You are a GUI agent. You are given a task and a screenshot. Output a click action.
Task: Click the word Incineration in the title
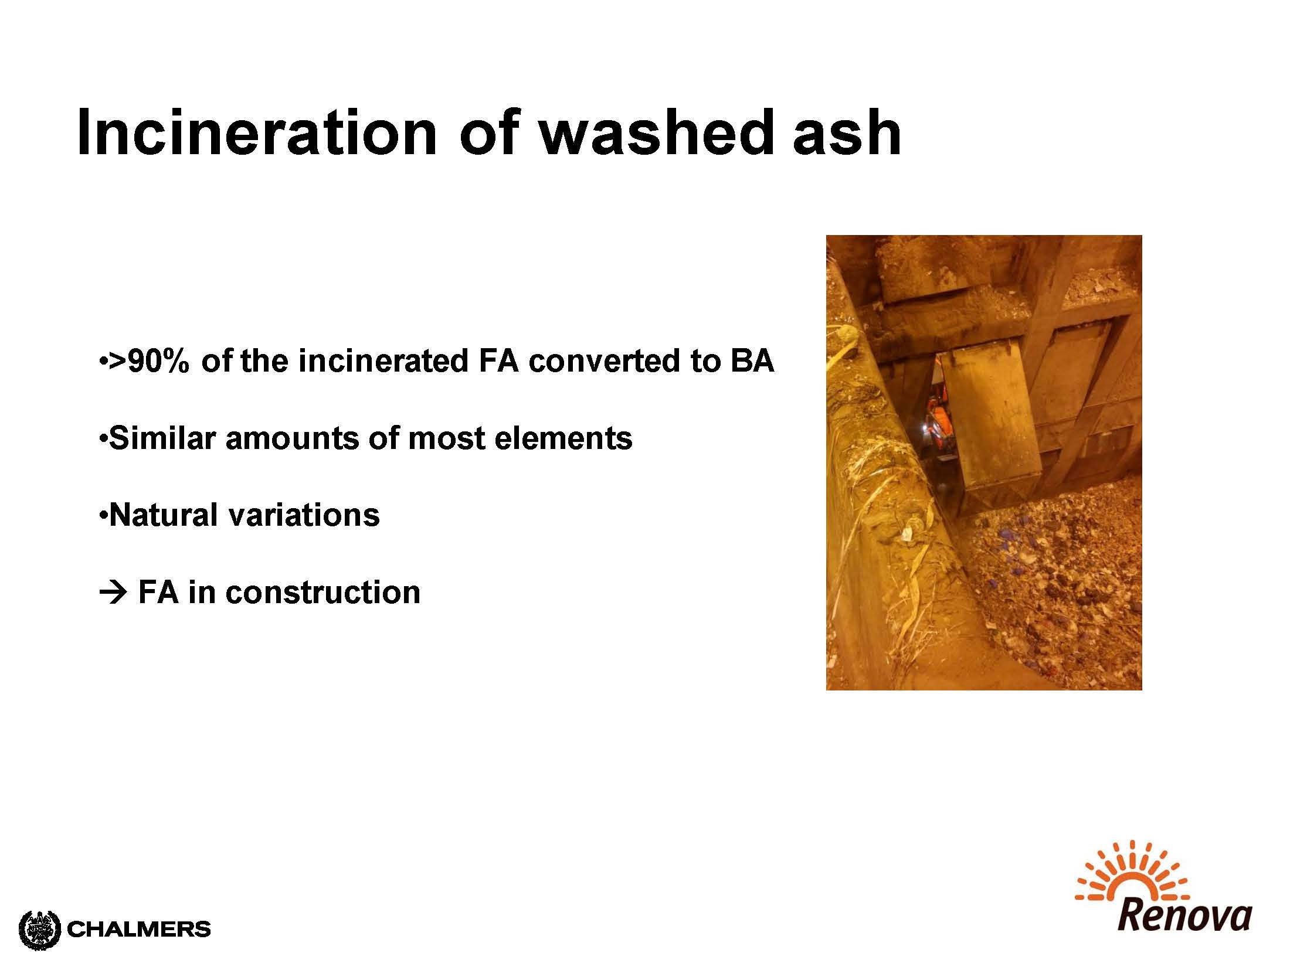click(257, 132)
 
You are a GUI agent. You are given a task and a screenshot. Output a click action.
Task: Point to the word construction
click(323, 593)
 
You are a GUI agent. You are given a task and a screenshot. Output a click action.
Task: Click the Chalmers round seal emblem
click(40, 930)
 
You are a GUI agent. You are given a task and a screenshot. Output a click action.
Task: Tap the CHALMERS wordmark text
click(139, 929)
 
